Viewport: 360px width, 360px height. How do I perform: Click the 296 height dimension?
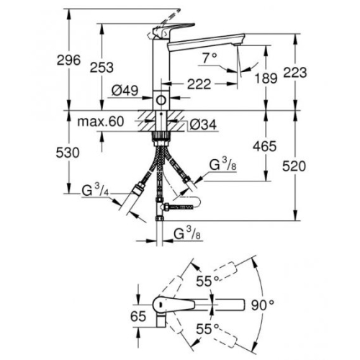point(68,60)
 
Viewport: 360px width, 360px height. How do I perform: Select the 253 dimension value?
point(102,68)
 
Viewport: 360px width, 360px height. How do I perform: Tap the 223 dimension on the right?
point(295,72)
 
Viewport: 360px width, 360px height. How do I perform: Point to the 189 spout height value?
point(266,78)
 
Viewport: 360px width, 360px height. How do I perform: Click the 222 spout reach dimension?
point(199,84)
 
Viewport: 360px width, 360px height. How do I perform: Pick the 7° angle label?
point(210,58)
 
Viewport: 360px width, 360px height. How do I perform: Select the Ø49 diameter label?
point(125,91)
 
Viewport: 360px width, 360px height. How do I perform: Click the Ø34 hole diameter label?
point(203,125)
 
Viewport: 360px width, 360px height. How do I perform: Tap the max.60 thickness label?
point(101,122)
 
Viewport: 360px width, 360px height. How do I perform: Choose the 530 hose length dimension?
point(68,153)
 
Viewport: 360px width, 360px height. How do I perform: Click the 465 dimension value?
point(265,146)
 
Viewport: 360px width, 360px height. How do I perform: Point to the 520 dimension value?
point(294,166)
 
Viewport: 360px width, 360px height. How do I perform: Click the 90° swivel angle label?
point(263,305)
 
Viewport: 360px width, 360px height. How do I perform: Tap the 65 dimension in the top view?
point(138,316)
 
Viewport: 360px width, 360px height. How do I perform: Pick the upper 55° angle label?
point(207,281)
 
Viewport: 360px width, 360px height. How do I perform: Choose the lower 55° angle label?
point(207,329)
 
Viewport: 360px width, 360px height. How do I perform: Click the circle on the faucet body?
point(161,100)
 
